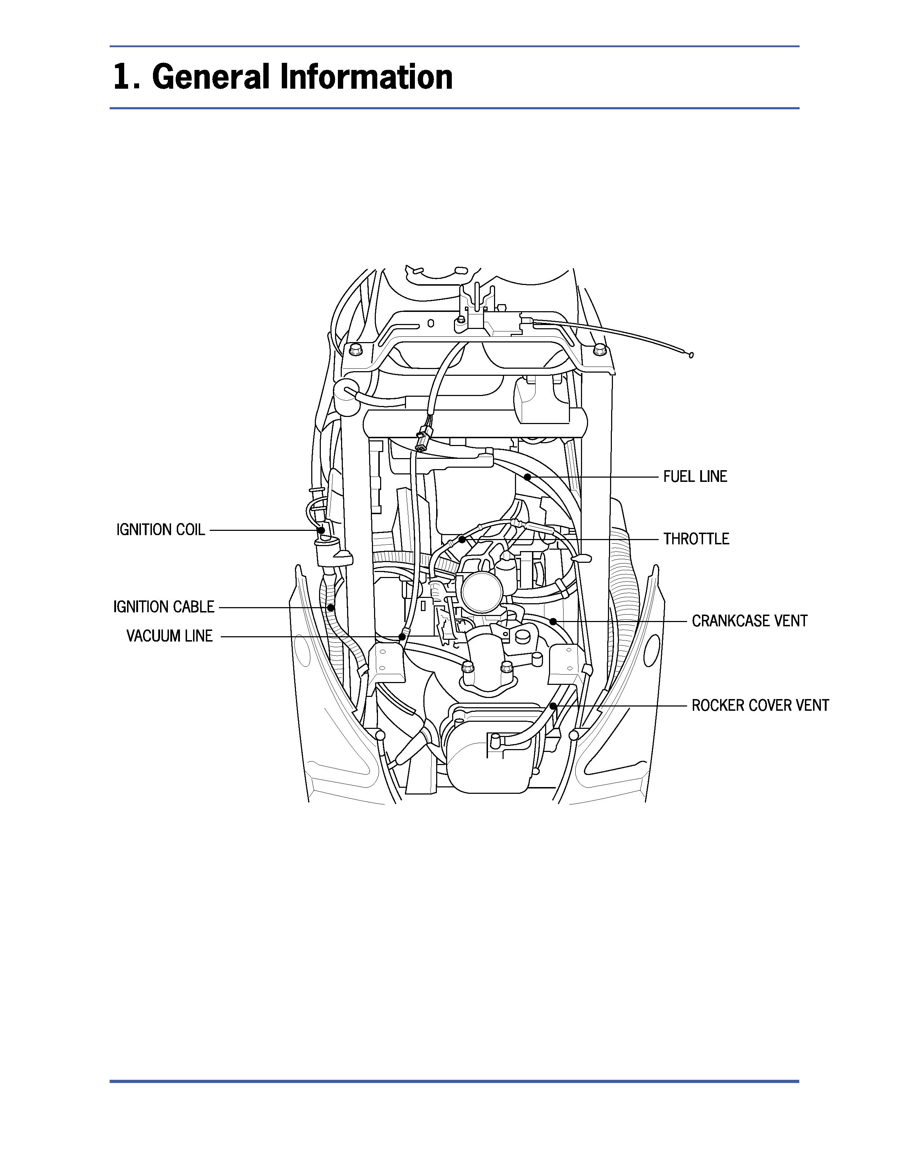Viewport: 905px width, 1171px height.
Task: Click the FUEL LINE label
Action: point(695,477)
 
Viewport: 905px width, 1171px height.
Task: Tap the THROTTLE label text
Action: point(696,539)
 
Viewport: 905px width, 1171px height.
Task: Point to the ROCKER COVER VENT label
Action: point(760,705)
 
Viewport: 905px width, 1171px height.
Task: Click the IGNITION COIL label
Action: point(161,530)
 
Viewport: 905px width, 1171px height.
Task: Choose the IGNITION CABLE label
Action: point(164,607)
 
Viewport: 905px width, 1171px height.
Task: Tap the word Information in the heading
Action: point(367,77)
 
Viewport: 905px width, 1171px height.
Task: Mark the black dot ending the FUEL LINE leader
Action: point(527,476)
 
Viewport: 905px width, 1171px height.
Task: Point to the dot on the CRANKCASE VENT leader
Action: point(553,621)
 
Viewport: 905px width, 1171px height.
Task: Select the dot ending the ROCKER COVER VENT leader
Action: point(553,705)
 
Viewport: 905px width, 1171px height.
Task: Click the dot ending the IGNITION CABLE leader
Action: point(331,608)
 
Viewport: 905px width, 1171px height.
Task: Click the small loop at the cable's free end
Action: point(691,354)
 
